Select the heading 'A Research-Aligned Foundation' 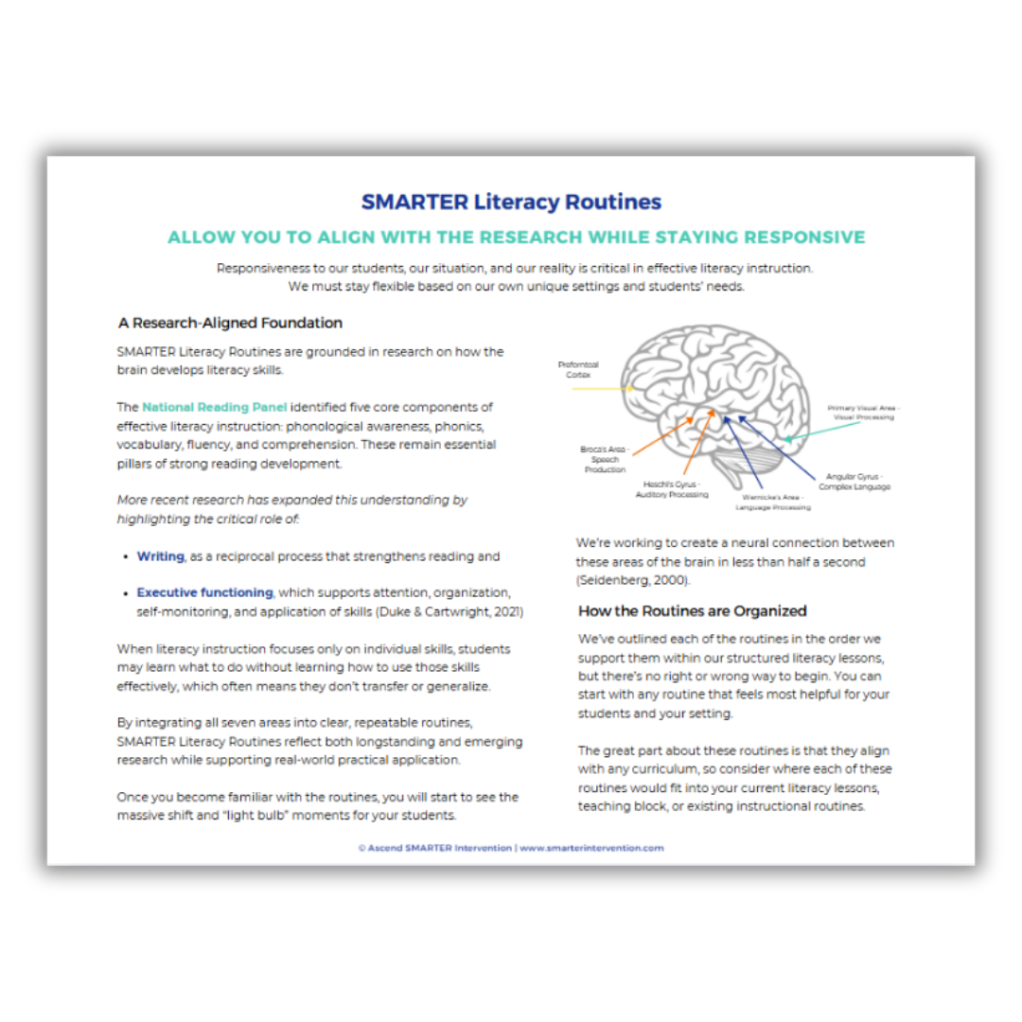click(230, 323)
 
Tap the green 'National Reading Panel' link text click(215, 407)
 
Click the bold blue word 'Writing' click(160, 556)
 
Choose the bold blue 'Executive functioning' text click(204, 592)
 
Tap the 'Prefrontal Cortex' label click(578, 370)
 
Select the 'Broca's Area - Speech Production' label click(604, 459)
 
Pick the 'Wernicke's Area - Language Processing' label click(773, 502)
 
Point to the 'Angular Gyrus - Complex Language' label click(854, 482)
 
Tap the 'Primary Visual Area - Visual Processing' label click(860, 412)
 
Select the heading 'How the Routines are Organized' click(692, 610)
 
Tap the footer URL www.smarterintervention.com click(591, 848)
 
